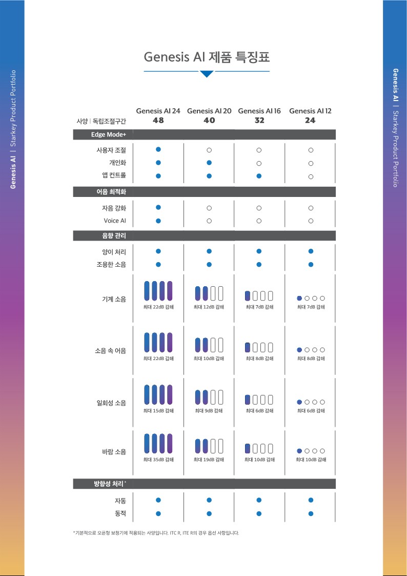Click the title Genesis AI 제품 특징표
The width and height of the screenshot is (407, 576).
pyautogui.click(x=207, y=57)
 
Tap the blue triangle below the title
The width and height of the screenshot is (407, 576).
pyautogui.click(x=207, y=74)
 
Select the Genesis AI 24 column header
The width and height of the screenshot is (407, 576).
pyautogui.click(x=158, y=111)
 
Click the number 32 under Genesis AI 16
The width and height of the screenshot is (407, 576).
pyautogui.click(x=259, y=120)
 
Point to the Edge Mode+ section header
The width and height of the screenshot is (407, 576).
pyautogui.click(x=109, y=134)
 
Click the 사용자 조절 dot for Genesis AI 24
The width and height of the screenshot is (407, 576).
pyautogui.click(x=158, y=149)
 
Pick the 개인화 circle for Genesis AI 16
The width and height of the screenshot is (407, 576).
pyautogui.click(x=259, y=163)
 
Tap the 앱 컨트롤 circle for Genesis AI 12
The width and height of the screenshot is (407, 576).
pyautogui.click(x=311, y=176)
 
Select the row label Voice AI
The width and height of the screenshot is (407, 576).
pyautogui.click(x=115, y=221)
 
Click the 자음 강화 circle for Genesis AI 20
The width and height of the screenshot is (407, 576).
pyautogui.click(x=209, y=208)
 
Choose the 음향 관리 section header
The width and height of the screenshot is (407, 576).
pyautogui.click(x=114, y=235)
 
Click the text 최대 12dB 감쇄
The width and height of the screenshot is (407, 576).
pyautogui.click(x=209, y=307)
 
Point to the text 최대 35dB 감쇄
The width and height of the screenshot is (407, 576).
pyautogui.click(x=158, y=459)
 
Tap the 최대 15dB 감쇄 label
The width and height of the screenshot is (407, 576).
pyautogui.click(x=158, y=411)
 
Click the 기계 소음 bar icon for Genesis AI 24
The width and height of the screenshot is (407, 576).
pyautogui.click(x=158, y=291)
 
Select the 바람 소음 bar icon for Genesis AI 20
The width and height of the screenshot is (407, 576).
pyautogui.click(x=209, y=446)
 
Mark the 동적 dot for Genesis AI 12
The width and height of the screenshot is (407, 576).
pyautogui.click(x=311, y=513)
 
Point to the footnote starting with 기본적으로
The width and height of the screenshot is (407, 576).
pyautogui.click(x=156, y=532)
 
